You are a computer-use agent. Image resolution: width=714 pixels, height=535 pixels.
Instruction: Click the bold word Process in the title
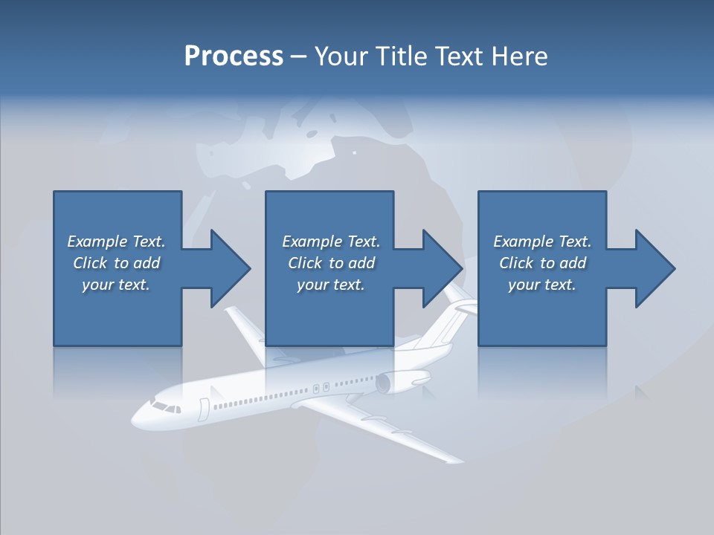[234, 56]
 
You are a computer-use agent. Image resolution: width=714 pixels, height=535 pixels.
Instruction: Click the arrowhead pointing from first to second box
[231, 268]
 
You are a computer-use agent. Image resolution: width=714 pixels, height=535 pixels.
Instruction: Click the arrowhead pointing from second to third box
[443, 268]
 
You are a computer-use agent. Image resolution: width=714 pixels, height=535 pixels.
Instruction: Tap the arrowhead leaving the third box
[654, 268]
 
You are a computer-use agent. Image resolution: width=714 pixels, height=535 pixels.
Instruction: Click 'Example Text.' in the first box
[116, 241]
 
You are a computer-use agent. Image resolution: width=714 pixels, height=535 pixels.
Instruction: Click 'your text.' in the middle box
[330, 285]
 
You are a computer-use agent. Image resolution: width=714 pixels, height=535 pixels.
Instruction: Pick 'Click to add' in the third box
[542, 263]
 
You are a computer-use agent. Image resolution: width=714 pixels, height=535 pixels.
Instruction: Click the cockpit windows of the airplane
[165, 407]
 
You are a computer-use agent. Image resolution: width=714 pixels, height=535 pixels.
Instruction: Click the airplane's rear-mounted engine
[394, 383]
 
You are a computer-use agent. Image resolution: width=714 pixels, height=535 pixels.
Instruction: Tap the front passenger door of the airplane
[203, 409]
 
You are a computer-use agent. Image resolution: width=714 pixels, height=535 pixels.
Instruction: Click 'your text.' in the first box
[116, 285]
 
